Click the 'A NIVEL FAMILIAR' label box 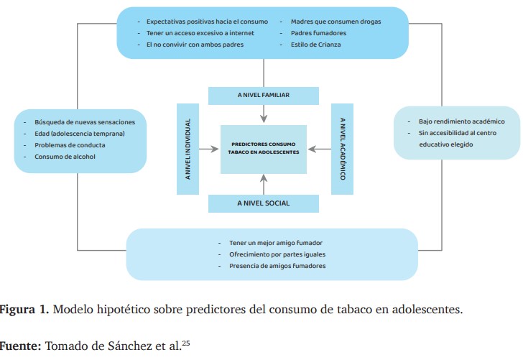(x=264, y=96)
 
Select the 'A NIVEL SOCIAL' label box (x=264, y=203)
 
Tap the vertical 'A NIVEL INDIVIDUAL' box (x=188, y=149)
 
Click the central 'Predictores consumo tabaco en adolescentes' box (x=264, y=149)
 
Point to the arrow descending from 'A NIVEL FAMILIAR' (x=264, y=114)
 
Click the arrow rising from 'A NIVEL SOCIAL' (x=264, y=185)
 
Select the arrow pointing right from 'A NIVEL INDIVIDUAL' (x=208, y=149)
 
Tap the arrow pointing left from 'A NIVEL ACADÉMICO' (x=319, y=149)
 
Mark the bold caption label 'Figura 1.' (x=24, y=310)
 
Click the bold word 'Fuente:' (x=20, y=346)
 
